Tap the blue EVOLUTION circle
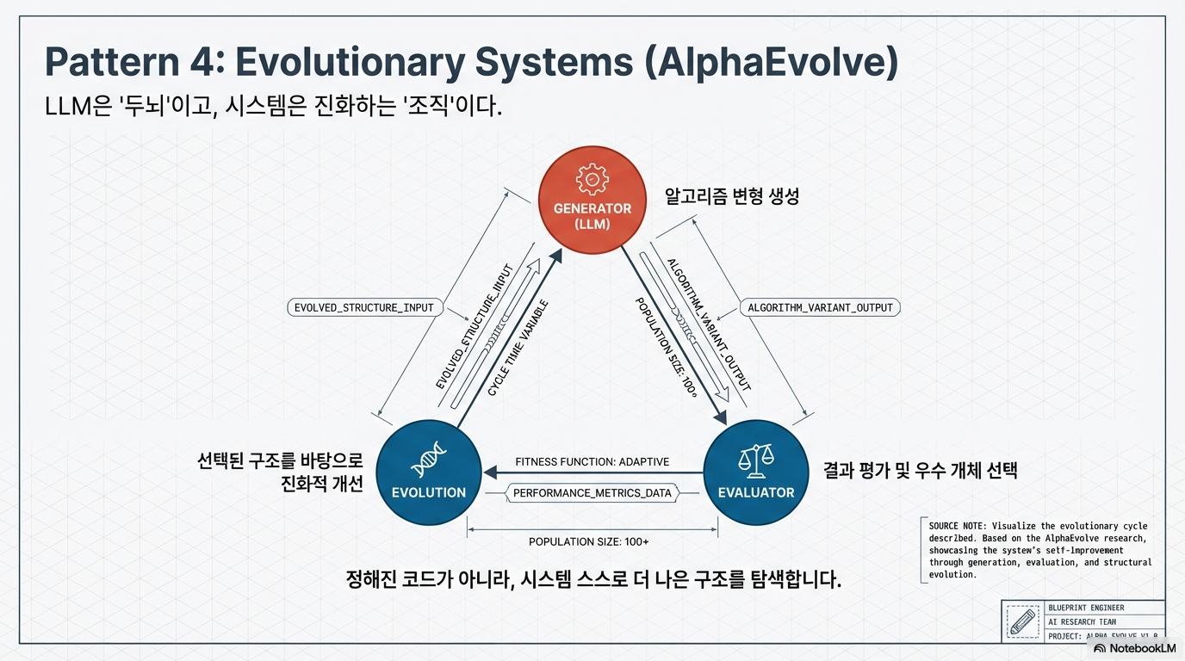(428, 473)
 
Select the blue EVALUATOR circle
(755, 473)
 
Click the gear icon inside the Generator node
(592, 179)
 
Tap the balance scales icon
(755, 459)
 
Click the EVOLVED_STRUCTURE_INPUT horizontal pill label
(365, 307)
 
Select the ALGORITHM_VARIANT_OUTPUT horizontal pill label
(819, 307)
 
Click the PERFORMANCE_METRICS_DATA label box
(592, 493)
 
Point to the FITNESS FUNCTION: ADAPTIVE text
(592, 462)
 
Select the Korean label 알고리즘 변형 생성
(731, 197)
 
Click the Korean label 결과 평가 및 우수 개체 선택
(920, 471)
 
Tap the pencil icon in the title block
(1022, 622)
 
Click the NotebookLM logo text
(1139, 648)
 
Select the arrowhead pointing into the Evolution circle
(491, 472)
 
